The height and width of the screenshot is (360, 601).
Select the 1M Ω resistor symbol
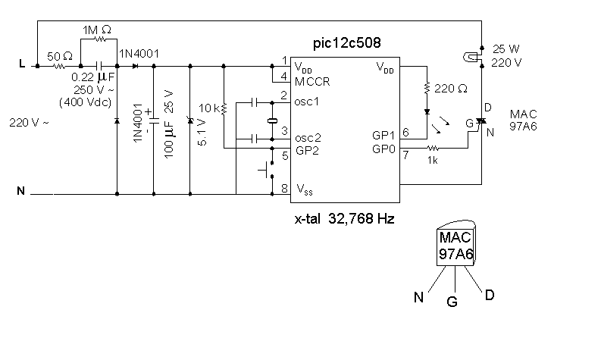99,42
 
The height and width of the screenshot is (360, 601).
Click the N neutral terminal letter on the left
20,192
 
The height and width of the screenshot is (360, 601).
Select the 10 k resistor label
208,109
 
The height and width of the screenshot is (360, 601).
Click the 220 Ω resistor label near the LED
452,89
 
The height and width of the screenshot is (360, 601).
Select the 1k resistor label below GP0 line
434,161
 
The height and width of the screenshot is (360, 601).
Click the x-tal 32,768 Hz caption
345,219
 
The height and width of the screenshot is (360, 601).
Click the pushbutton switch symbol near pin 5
265,171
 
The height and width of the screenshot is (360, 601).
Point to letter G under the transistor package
452,302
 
